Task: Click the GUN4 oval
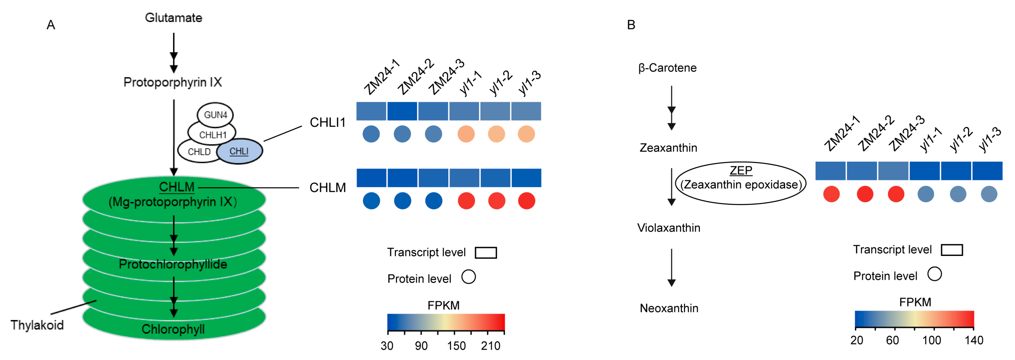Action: [215, 115]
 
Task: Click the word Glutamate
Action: [173, 18]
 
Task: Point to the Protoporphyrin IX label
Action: [173, 82]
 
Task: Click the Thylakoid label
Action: [37, 325]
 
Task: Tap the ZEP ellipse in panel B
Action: [741, 183]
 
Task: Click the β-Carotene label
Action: [668, 68]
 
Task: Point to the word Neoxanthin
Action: [669, 308]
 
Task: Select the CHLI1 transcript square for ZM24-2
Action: [402, 111]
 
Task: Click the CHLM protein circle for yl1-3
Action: [526, 201]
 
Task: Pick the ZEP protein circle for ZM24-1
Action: [831, 194]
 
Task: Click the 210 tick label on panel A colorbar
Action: [491, 346]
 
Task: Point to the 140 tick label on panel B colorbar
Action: [974, 340]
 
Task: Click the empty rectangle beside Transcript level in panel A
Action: [486, 253]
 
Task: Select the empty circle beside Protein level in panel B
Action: [934, 274]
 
